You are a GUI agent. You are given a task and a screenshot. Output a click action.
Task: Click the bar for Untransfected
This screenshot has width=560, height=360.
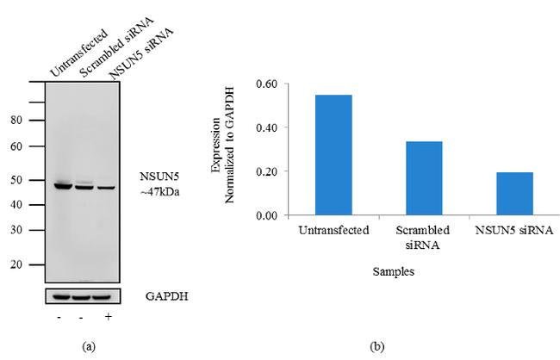(333, 154)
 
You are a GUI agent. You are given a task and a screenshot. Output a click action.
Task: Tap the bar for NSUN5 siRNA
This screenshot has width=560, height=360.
(514, 193)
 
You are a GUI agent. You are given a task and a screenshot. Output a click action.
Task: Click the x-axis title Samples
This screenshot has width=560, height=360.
(394, 270)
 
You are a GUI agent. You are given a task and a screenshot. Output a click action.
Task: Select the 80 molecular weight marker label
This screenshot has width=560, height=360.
(16, 121)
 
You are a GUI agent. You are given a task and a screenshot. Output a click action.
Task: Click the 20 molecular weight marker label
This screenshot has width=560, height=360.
(16, 265)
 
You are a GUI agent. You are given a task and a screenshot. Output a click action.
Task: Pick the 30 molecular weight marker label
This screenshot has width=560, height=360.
(16, 229)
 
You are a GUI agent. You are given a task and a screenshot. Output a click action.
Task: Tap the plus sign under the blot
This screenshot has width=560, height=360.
(107, 317)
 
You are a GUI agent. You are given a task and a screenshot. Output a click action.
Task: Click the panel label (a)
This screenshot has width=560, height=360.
(88, 346)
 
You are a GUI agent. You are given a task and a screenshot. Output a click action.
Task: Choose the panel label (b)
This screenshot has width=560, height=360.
(376, 346)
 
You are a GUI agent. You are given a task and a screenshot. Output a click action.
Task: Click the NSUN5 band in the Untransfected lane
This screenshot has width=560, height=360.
(62, 184)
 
